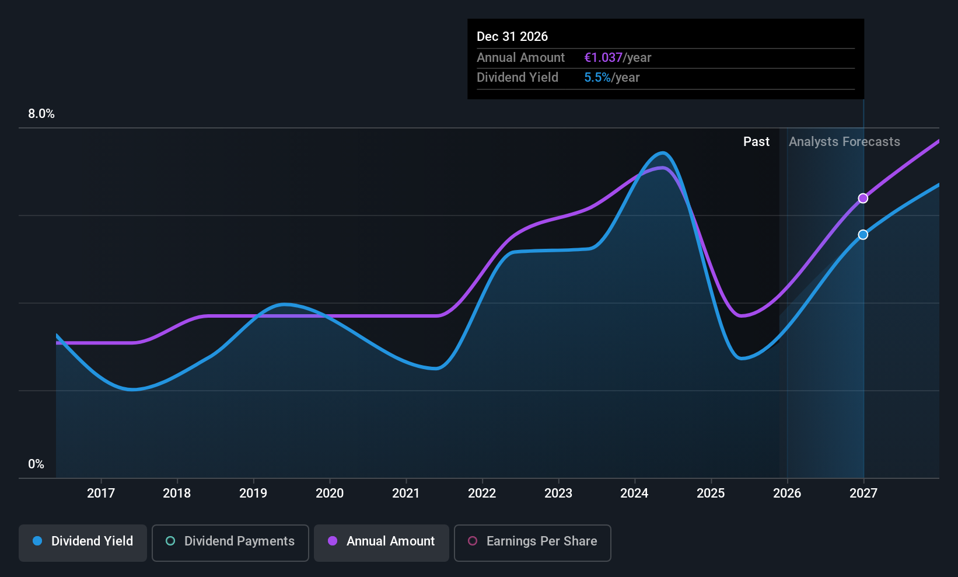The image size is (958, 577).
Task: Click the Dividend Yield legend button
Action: [83, 541]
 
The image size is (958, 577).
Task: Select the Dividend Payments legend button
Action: [230, 541]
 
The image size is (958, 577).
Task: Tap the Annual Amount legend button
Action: [382, 541]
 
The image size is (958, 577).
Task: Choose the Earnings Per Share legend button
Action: [532, 541]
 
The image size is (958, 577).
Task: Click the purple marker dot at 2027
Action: [863, 199]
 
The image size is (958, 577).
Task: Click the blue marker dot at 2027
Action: [863, 235]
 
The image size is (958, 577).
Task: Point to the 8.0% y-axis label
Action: [41, 114]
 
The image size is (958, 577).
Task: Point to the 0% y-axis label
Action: [36, 464]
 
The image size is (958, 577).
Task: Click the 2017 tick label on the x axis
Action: [101, 493]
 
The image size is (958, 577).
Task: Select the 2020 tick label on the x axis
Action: [330, 493]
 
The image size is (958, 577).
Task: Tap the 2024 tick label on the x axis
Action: [634, 493]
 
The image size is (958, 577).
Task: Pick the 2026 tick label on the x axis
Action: [787, 493]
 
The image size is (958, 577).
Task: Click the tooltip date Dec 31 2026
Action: [512, 37]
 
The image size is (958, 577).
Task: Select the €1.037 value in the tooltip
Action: [603, 58]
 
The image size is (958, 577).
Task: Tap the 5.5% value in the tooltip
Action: [597, 78]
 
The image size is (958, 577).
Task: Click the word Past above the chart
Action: [756, 142]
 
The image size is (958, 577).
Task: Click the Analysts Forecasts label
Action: [844, 142]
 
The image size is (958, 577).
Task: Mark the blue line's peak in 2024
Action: [663, 153]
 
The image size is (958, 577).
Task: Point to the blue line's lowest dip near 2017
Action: [133, 390]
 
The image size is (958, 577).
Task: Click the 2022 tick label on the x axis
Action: [482, 493]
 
